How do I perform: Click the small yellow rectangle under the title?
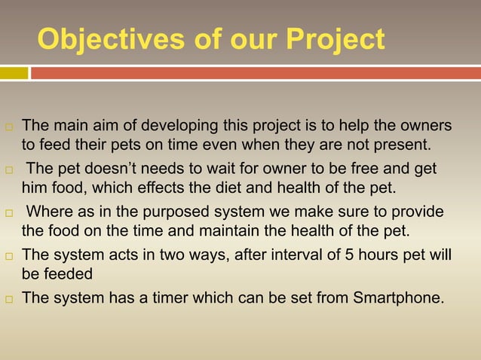point(14,73)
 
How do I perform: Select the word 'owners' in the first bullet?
point(425,124)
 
